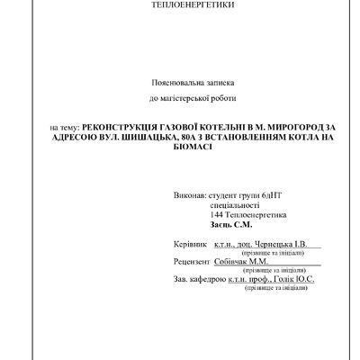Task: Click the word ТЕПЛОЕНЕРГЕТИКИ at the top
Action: pyautogui.click(x=179, y=5)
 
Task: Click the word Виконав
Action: pyautogui.click(x=187, y=194)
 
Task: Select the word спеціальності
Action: pyautogui.click(x=236, y=205)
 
